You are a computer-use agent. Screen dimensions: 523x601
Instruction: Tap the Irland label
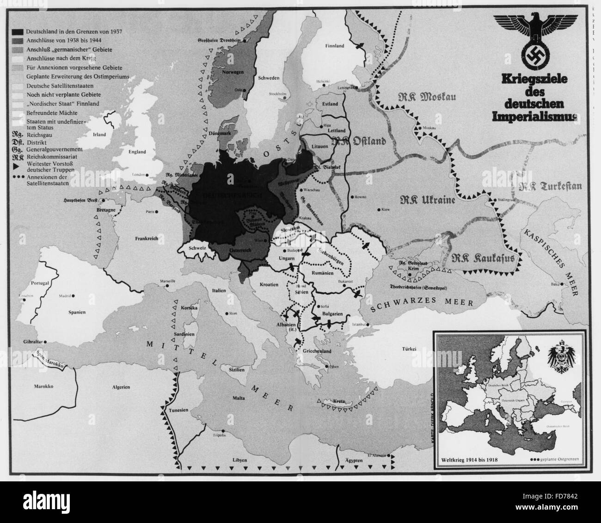99,135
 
